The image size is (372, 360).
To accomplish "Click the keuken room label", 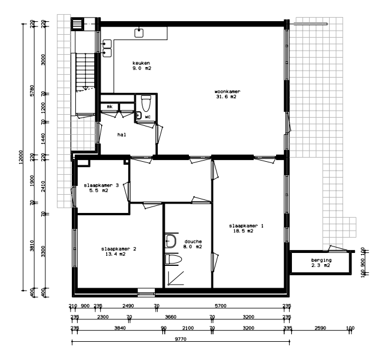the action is [x=142, y=66].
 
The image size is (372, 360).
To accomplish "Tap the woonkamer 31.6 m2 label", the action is [x=227, y=94].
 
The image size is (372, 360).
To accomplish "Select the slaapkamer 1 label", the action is [x=246, y=228].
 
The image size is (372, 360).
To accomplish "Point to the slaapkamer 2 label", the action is [x=119, y=252].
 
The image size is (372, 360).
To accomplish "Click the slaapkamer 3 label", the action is [x=101, y=188].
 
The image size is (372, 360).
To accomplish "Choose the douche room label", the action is [x=192, y=244].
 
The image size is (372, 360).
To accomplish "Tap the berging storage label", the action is [x=321, y=262].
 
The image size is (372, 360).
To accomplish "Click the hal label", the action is [x=122, y=135].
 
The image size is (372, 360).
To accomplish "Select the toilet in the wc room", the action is [x=146, y=103].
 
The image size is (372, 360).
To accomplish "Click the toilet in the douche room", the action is [x=173, y=259].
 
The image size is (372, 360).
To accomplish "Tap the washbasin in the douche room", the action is [x=171, y=241].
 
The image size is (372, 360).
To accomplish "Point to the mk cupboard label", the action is [x=109, y=106].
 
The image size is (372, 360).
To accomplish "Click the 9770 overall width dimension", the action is [x=181, y=339].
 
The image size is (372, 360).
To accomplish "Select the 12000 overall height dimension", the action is [x=21, y=156].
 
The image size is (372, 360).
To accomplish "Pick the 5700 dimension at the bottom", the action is [x=220, y=306].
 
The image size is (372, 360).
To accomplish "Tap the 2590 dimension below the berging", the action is [x=320, y=328].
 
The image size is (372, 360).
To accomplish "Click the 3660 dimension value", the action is [x=171, y=317].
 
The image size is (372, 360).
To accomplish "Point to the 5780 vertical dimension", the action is [x=32, y=91].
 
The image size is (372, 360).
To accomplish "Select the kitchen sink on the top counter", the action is [x=139, y=33].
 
